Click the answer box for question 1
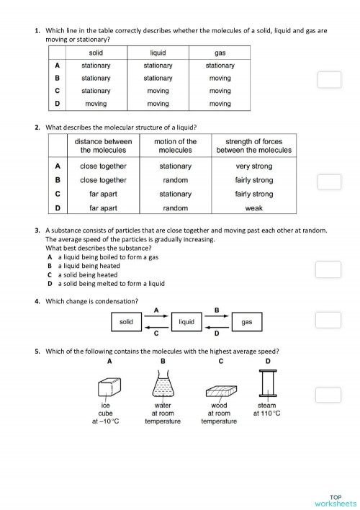(328, 79)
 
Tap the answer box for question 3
(328, 269)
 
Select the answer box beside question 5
(328, 394)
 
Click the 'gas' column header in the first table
(220, 53)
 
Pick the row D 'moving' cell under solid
(96, 104)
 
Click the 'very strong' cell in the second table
(253, 166)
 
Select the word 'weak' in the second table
(253, 208)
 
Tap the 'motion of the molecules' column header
(175, 146)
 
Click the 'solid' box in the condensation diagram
(127, 323)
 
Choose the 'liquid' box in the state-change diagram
(187, 323)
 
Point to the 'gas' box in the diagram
(247, 323)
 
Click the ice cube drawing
(109, 388)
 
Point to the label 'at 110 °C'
(266, 413)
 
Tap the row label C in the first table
(57, 91)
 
